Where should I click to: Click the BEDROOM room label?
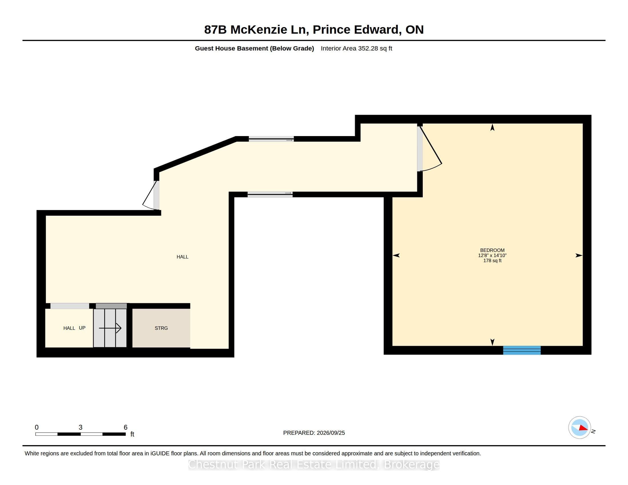tap(492, 250)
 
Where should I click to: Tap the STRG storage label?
tap(161, 328)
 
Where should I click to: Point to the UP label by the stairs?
tap(82, 328)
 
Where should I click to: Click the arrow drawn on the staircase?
tap(110, 328)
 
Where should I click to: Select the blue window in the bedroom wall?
tap(522, 350)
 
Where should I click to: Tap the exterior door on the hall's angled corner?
tap(151, 195)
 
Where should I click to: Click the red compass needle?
tap(583, 428)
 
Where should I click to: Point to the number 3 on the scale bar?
tap(80, 427)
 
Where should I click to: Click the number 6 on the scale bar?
tap(125, 427)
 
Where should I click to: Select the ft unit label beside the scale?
tap(132, 434)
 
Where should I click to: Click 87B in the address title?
tap(215, 30)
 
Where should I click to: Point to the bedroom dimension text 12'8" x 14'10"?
tap(492, 255)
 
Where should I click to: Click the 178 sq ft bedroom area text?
tap(492, 260)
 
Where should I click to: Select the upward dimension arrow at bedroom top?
tap(492, 127)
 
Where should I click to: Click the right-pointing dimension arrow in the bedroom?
tap(579, 255)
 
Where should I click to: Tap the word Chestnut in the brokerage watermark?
tap(214, 464)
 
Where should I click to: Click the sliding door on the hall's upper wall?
tap(271, 139)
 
